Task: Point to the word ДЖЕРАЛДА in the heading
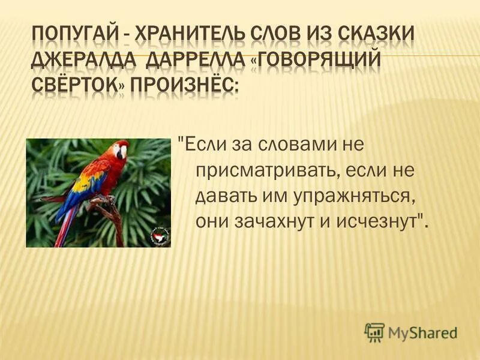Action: (x=76, y=62)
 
